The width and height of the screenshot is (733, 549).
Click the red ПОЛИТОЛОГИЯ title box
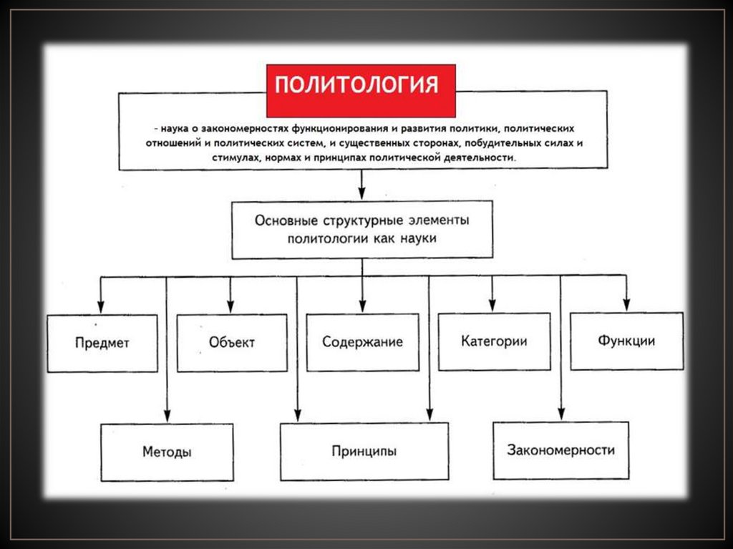pos(361,90)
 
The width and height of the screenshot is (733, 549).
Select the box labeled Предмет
pos(102,343)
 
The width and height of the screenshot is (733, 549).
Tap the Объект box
pos(231,342)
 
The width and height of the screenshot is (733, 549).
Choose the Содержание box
pos(362,342)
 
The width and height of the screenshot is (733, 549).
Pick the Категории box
pos(494,341)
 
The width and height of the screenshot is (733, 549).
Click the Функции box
pos(626,341)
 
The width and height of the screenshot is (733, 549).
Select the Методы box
pos(167,452)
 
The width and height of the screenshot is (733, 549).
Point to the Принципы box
pos(364,452)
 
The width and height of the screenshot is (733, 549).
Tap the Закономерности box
pos(560,450)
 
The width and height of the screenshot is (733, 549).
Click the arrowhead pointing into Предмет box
pos(101,307)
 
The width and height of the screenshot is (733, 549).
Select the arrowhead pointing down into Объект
pos(230,307)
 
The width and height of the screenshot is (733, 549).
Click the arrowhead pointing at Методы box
pos(167,417)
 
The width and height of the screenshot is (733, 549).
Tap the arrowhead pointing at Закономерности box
pos(560,415)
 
